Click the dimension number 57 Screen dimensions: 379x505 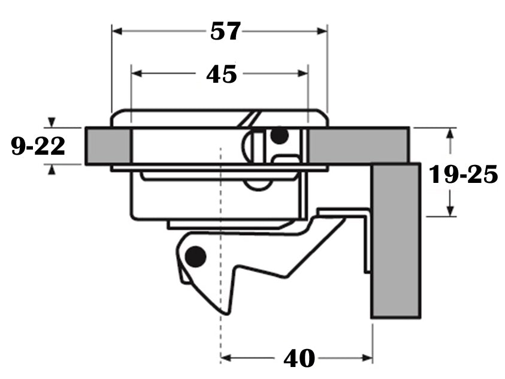(x=225, y=31)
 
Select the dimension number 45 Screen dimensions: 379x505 (x=221, y=74)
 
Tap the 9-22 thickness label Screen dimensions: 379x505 (x=38, y=146)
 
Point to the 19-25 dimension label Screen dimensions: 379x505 (x=463, y=175)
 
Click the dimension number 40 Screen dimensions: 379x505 (x=299, y=358)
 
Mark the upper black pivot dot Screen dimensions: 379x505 (x=279, y=136)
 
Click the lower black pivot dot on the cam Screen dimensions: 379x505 (x=195, y=257)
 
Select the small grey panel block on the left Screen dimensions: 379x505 (x=108, y=146)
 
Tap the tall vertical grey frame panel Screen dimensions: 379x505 (x=396, y=240)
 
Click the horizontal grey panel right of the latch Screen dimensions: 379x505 (x=358, y=145)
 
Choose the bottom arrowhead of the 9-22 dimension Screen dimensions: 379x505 (x=53, y=170)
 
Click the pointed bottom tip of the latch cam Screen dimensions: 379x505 (x=225, y=311)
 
